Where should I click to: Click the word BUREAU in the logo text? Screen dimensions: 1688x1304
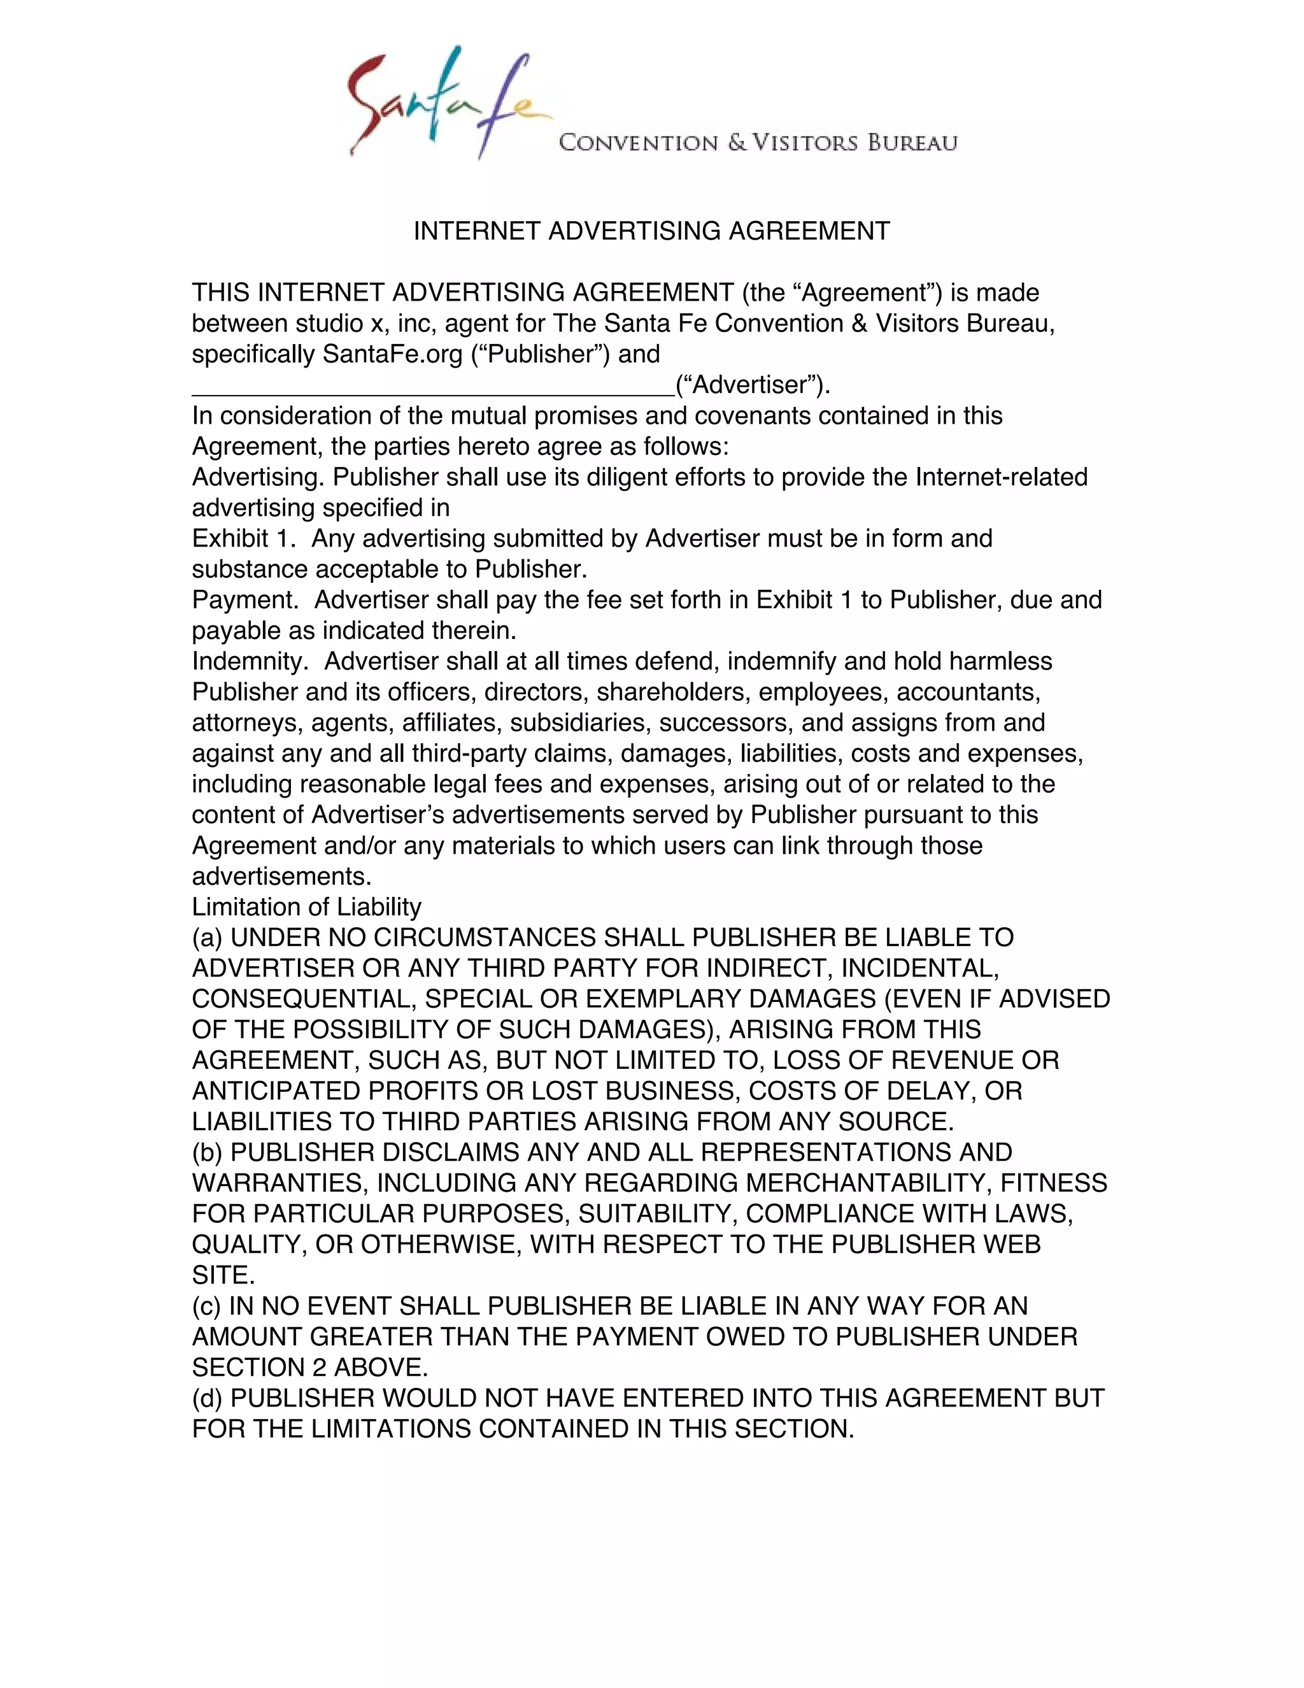click(912, 143)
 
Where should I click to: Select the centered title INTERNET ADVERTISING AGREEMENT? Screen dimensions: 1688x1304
click(651, 231)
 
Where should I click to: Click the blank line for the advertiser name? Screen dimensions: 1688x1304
click(432, 387)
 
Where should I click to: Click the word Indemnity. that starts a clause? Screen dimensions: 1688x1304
click(250, 662)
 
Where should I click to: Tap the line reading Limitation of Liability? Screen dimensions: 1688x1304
click(307, 906)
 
